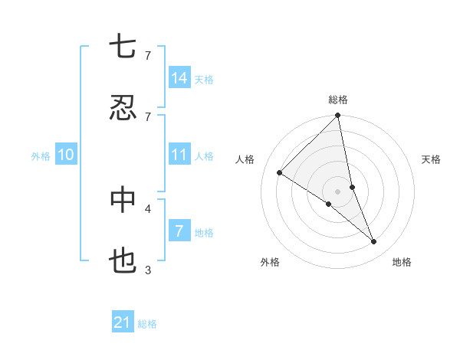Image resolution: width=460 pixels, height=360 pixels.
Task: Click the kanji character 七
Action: [x=123, y=47]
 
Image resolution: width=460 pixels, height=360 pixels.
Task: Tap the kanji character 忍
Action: [x=123, y=109]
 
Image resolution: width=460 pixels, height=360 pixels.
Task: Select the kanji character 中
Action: [x=123, y=201]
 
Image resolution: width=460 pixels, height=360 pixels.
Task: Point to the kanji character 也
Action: [x=123, y=262]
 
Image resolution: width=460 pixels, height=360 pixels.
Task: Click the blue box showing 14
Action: [x=179, y=78]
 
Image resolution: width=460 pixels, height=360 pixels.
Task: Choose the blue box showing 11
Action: [x=179, y=155]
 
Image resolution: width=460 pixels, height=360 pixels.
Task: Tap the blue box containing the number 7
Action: [x=179, y=231]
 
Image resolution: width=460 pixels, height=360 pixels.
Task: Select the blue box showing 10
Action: [x=66, y=155]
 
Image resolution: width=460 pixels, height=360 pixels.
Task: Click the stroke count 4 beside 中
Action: [x=148, y=208]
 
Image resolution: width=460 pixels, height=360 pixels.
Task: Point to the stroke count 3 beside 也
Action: [x=148, y=270]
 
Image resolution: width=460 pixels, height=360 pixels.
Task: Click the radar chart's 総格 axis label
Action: [x=338, y=100]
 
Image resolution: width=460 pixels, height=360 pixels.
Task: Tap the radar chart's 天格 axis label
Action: [x=432, y=159]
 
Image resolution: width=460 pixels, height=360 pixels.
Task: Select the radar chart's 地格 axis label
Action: [x=402, y=262]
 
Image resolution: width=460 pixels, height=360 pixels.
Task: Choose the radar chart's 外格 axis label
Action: [x=270, y=262]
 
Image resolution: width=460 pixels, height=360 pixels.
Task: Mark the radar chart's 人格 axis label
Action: [x=245, y=159]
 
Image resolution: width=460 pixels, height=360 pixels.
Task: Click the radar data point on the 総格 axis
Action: [x=338, y=116]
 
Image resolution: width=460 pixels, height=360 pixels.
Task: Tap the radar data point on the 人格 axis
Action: [x=280, y=173]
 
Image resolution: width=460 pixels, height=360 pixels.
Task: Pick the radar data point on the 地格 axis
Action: [x=374, y=241]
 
